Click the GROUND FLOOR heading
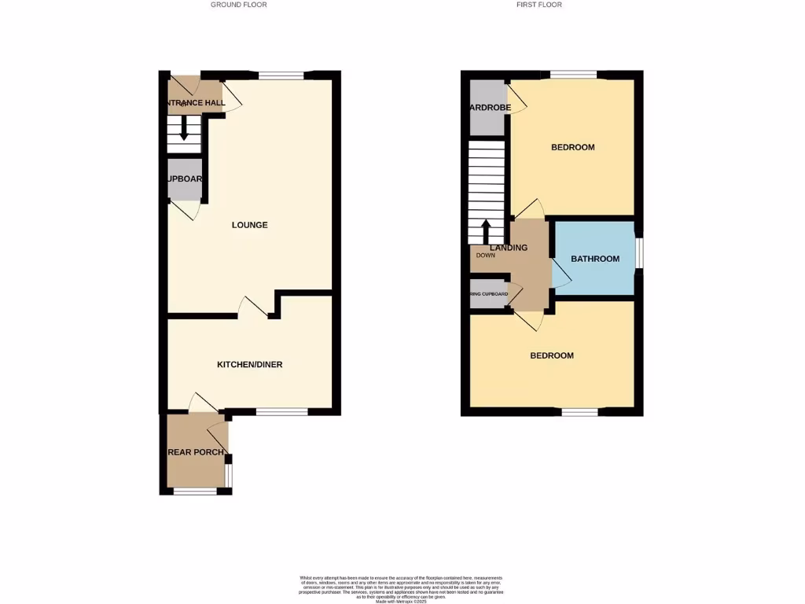pyautogui.click(x=238, y=5)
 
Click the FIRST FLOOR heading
pyautogui.click(x=539, y=5)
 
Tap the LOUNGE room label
pyautogui.click(x=249, y=225)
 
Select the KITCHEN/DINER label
pyautogui.click(x=250, y=364)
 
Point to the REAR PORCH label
pyautogui.click(x=197, y=452)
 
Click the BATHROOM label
pyautogui.click(x=595, y=259)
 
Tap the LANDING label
pyautogui.click(x=509, y=248)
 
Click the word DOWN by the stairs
pyautogui.click(x=486, y=256)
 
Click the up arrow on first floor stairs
pyautogui.click(x=485, y=230)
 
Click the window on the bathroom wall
pyautogui.click(x=639, y=252)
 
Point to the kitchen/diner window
pyautogui.click(x=281, y=411)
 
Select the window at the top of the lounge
pyautogui.click(x=281, y=75)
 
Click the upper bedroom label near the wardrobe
pyautogui.click(x=572, y=147)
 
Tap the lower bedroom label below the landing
pyautogui.click(x=552, y=355)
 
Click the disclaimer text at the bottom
pyautogui.click(x=402, y=587)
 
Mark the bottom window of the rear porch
pyautogui.click(x=195, y=492)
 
